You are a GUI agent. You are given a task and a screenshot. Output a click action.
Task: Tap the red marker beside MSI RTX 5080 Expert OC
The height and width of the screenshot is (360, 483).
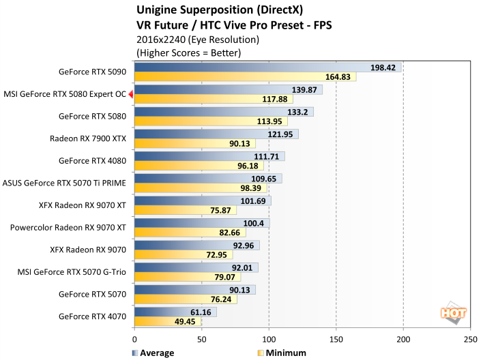[x=131, y=95]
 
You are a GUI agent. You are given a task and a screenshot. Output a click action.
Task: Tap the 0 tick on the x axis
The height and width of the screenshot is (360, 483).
[x=135, y=339]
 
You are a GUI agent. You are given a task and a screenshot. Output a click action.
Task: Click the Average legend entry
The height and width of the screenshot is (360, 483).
[x=152, y=352]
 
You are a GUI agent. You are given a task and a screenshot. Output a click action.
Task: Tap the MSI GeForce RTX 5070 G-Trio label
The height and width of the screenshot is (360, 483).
[x=72, y=272]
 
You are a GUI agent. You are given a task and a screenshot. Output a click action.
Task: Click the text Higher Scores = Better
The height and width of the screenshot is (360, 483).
[x=189, y=52]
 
